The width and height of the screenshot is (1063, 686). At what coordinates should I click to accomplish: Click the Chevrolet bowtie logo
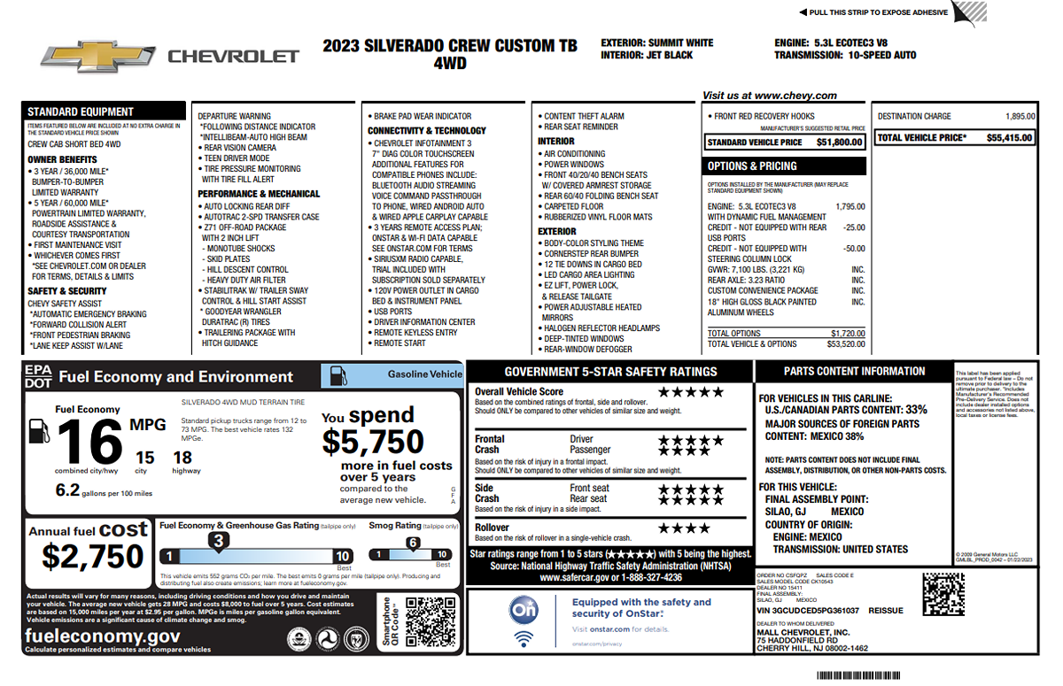[98, 56]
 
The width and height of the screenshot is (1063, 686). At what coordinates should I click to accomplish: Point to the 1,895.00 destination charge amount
[1020, 116]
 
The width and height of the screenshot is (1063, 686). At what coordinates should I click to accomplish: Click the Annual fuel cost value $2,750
[93, 557]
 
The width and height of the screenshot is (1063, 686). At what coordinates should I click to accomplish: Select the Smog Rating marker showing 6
[413, 543]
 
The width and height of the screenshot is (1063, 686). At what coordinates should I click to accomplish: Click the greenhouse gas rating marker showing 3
[218, 540]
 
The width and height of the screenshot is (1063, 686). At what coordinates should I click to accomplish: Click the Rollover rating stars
[684, 528]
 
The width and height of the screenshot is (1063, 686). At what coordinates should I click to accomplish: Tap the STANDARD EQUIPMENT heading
[81, 112]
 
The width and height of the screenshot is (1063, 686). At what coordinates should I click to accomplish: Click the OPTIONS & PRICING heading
[752, 166]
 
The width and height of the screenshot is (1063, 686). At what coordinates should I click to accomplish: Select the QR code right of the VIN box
[943, 594]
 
